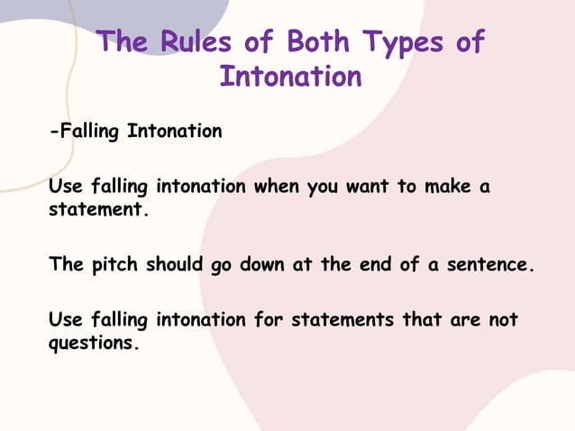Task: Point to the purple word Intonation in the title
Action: click(x=290, y=76)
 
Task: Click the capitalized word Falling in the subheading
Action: click(x=87, y=133)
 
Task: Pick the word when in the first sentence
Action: click(x=277, y=188)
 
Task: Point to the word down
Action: click(x=263, y=266)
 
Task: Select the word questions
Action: click(x=94, y=344)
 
